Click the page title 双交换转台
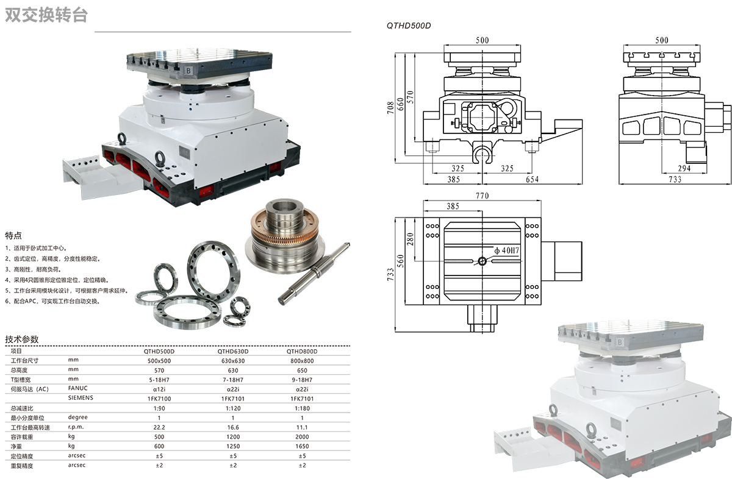pos(46,15)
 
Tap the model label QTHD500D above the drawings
pos(409,26)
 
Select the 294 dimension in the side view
pos(684,168)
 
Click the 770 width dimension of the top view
pos(483,196)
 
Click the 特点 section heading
pos(13,235)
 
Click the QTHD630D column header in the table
pos(232,352)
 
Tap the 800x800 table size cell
pos(301,361)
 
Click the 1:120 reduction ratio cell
pos(232,408)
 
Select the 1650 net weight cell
pos(301,446)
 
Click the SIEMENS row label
pos(81,398)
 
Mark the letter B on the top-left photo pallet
pos(189,71)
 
